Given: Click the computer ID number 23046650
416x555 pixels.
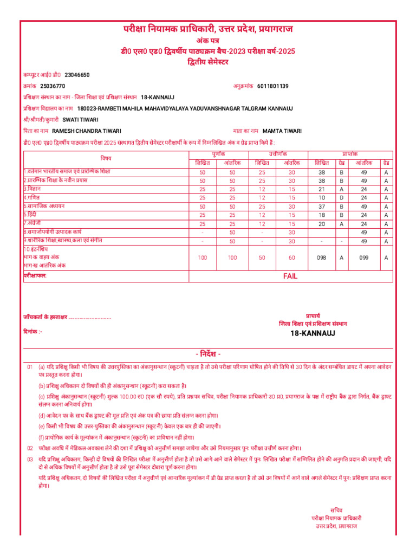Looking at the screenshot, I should click(x=77, y=75).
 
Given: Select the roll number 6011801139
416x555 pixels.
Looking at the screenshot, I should click(x=272, y=86).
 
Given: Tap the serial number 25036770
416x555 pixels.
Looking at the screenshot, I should click(x=53, y=86).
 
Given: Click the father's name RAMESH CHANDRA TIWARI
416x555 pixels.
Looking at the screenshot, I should click(x=86, y=131).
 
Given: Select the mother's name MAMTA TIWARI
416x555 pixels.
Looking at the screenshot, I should click(x=282, y=131).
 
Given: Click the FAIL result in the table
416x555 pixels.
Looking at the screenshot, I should click(x=290, y=276).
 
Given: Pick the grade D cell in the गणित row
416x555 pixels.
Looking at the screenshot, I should click(x=341, y=197).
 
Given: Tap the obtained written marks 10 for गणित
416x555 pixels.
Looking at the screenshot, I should click(x=321, y=197).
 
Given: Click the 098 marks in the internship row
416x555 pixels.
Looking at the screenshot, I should click(x=321, y=258).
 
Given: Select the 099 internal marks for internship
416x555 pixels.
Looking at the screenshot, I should click(x=364, y=258).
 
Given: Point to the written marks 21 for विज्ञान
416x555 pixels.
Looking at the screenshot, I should click(x=321, y=189).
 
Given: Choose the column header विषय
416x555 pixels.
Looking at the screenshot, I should click(x=106, y=158).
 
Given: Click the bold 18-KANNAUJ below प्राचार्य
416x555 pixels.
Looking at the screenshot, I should click(x=313, y=333).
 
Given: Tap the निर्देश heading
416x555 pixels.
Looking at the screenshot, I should click(x=208, y=354).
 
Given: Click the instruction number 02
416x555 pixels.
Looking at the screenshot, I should click(x=30, y=448).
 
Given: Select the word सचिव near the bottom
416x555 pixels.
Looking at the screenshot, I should click(x=336, y=510).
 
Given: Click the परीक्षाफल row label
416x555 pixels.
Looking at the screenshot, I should click(x=35, y=276).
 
